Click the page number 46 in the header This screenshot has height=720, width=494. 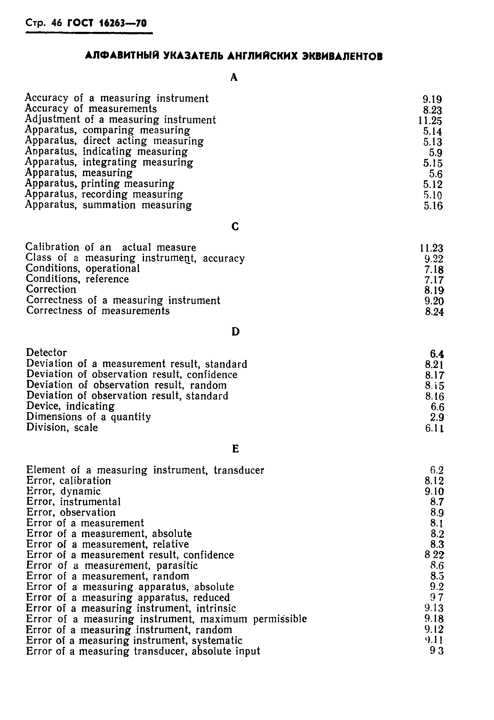(57, 23)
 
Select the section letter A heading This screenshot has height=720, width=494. (234, 77)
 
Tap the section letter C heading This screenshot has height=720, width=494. (235, 227)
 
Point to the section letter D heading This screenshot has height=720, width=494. (235, 332)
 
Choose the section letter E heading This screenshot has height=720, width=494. (235, 449)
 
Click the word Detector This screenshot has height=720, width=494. (47, 353)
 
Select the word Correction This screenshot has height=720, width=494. (51, 290)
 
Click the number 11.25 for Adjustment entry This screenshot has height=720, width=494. (430, 121)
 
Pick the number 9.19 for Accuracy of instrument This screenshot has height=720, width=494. (432, 99)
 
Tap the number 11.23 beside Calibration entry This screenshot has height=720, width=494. (432, 248)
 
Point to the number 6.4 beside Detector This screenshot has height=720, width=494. (437, 354)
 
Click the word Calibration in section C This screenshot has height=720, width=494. (52, 247)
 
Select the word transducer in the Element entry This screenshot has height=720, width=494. (239, 470)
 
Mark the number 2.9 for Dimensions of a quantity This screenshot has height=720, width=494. (437, 417)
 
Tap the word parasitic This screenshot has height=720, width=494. (177, 565)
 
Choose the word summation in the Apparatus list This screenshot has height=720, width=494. (109, 205)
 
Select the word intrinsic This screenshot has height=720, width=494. (216, 608)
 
